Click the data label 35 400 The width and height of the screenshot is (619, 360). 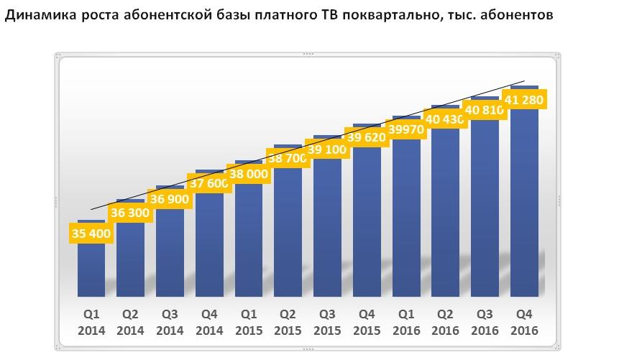pos(91,234)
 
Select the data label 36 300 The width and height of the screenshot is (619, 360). pos(130,213)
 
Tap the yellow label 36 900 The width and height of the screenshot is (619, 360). pos(170,198)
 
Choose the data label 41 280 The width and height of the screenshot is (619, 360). pos(524,99)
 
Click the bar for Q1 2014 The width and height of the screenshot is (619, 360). pos(91,269)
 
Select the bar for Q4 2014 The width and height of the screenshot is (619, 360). pos(209,244)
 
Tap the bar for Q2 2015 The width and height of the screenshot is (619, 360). pos(288,230)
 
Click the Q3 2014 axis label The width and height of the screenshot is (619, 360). pos(170,322)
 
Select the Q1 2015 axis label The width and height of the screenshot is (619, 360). pos(248,322)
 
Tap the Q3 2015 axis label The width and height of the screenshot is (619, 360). pos(327,322)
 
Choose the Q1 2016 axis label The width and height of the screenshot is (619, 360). pos(405,322)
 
